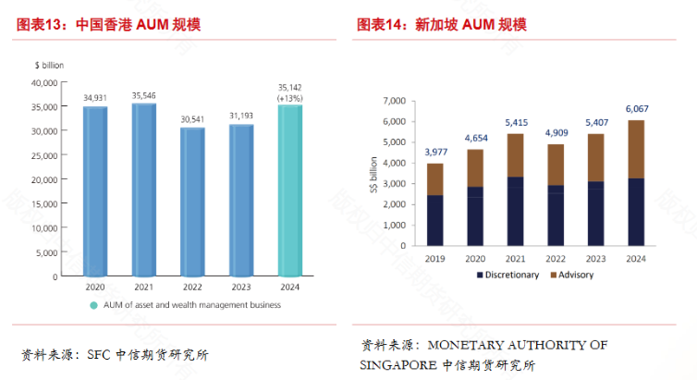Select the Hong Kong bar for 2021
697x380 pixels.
[x=143, y=190]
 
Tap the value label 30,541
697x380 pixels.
[x=192, y=119]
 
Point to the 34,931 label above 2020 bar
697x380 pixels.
[x=94, y=97]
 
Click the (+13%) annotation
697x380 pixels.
[x=290, y=98]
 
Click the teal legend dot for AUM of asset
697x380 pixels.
[x=93, y=305]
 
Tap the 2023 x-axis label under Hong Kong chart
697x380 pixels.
[x=241, y=287]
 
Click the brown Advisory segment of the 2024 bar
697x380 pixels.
[x=636, y=149]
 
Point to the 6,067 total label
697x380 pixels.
[x=636, y=108]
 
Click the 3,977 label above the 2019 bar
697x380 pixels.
[x=434, y=153]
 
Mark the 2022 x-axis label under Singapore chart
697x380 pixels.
[x=556, y=259]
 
